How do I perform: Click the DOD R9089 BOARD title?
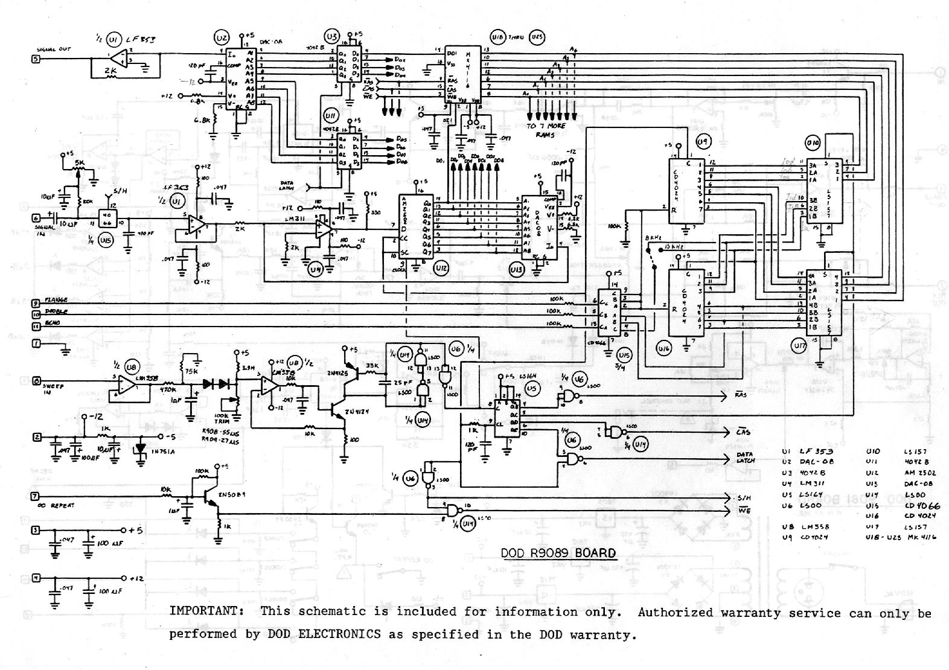pos(559,553)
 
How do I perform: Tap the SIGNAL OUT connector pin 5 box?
pos(36,59)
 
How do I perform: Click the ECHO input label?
pos(52,324)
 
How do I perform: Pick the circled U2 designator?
pos(222,38)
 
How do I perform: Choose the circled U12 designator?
pos(441,269)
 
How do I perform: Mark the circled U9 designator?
pos(703,141)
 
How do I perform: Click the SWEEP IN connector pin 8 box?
pos(36,381)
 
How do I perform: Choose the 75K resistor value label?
pos(193,371)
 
